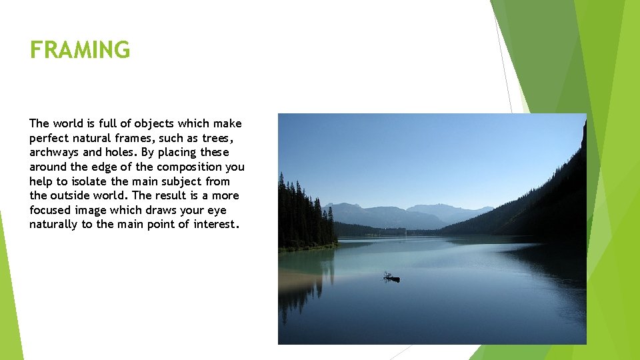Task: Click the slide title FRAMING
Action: click(x=80, y=50)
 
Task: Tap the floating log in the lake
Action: click(x=391, y=277)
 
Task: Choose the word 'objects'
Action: click(x=153, y=123)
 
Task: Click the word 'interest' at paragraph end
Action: click(x=213, y=224)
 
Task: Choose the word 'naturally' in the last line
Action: click(x=53, y=224)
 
